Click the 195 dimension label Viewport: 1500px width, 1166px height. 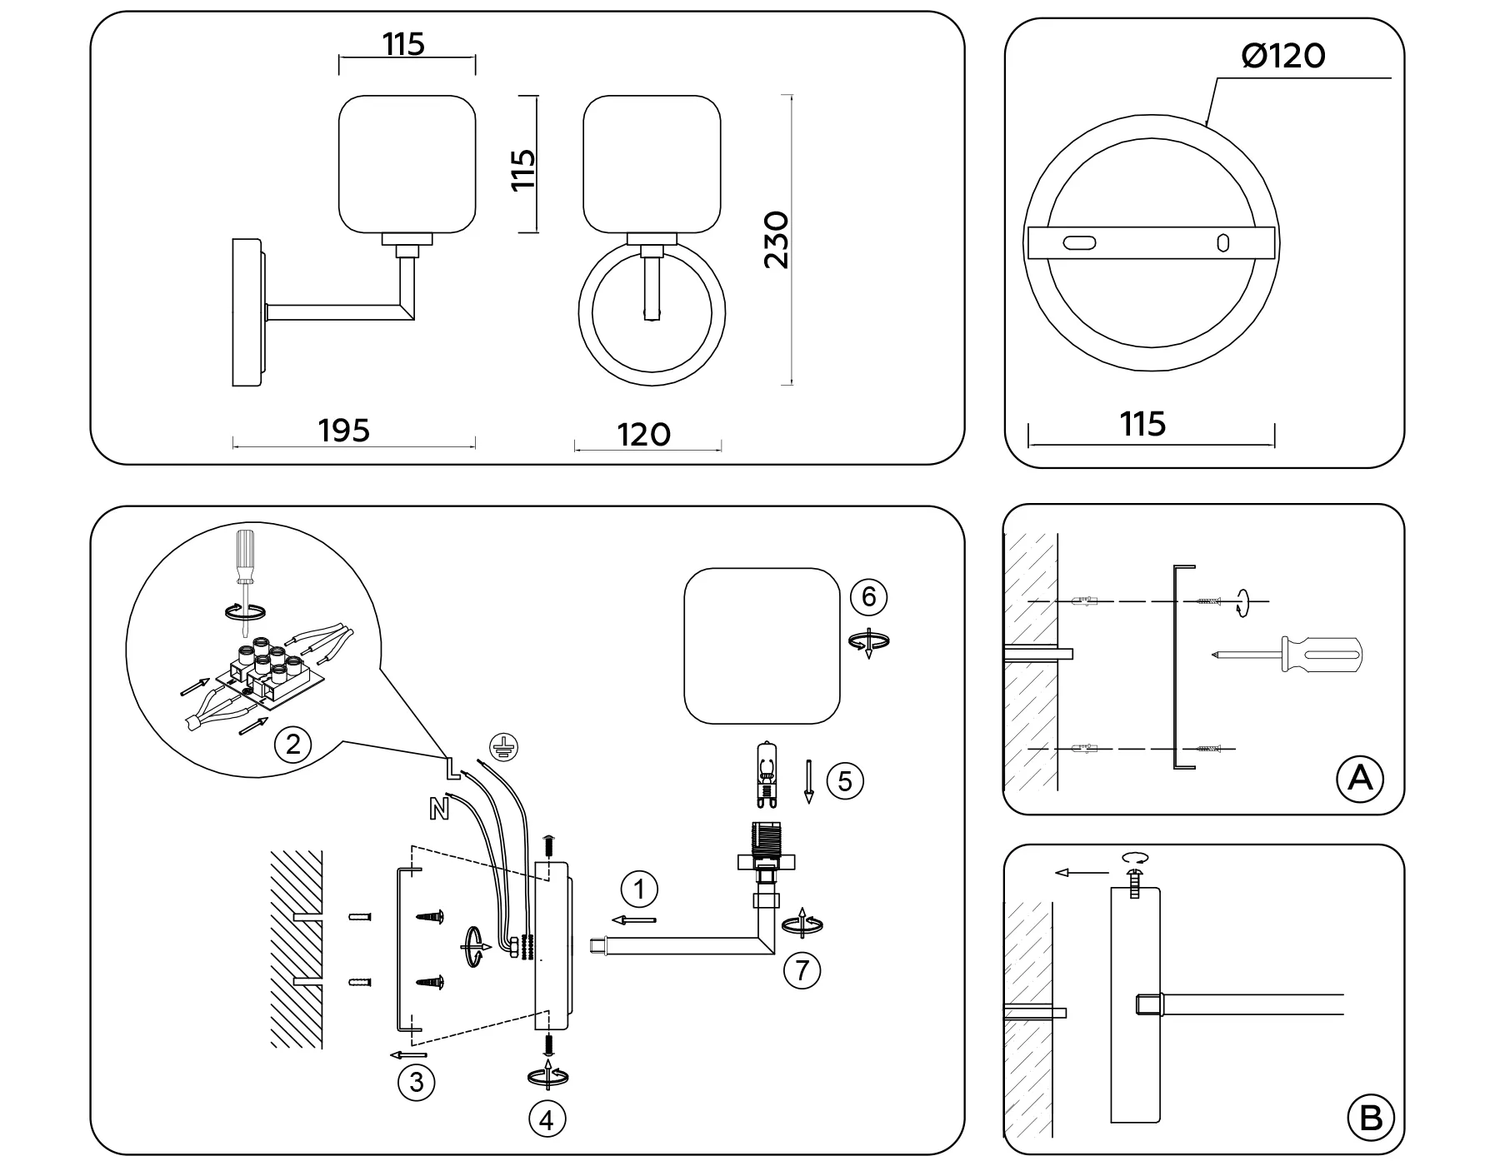pos(343,431)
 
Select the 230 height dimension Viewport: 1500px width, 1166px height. pos(776,240)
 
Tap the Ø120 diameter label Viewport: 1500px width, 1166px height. pos(1282,56)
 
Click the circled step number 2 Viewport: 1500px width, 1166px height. pos(292,743)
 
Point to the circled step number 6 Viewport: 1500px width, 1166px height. pos(868,596)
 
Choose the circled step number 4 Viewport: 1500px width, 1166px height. pos(547,1120)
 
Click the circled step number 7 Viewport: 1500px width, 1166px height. pos(802,970)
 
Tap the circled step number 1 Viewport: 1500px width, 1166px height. pos(639,889)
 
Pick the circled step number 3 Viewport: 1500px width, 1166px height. pos(416,1082)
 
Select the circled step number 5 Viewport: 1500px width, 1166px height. pos(845,781)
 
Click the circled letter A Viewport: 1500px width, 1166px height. pos(1359,778)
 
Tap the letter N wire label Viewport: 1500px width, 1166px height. pos(438,807)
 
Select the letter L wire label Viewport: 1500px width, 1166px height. pos(451,767)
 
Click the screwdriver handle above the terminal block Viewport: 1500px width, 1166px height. pos(245,556)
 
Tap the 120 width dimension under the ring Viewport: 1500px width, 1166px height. pos(643,435)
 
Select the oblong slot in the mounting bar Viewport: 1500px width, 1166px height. pos(1079,243)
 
